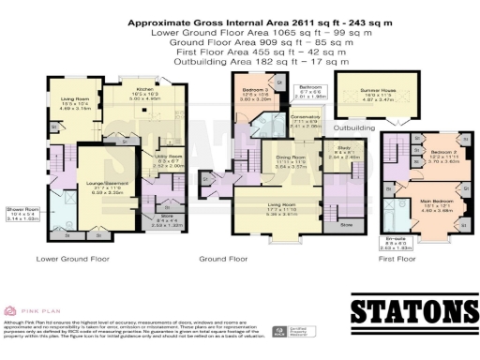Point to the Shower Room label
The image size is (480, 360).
(21, 214)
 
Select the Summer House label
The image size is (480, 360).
(378, 92)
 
